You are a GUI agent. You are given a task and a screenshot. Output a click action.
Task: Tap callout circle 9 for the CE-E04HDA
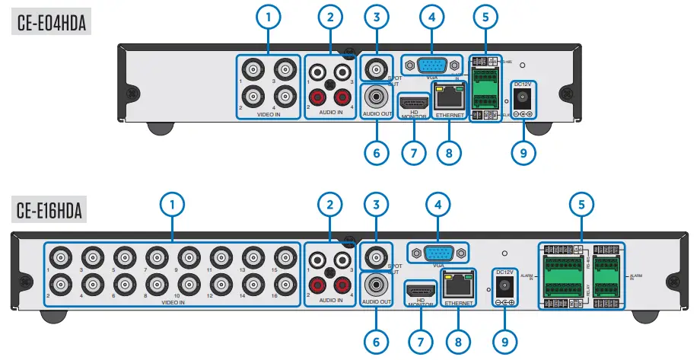(x=523, y=153)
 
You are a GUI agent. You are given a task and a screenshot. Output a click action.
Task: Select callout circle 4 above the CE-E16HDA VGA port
(x=437, y=205)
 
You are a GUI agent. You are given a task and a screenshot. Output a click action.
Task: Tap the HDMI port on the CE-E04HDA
(x=414, y=102)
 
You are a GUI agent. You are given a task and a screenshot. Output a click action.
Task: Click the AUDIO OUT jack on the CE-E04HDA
(x=377, y=97)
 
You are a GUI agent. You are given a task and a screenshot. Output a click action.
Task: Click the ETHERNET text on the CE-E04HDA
(x=450, y=116)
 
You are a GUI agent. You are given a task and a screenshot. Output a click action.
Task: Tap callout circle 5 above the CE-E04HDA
(x=485, y=16)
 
